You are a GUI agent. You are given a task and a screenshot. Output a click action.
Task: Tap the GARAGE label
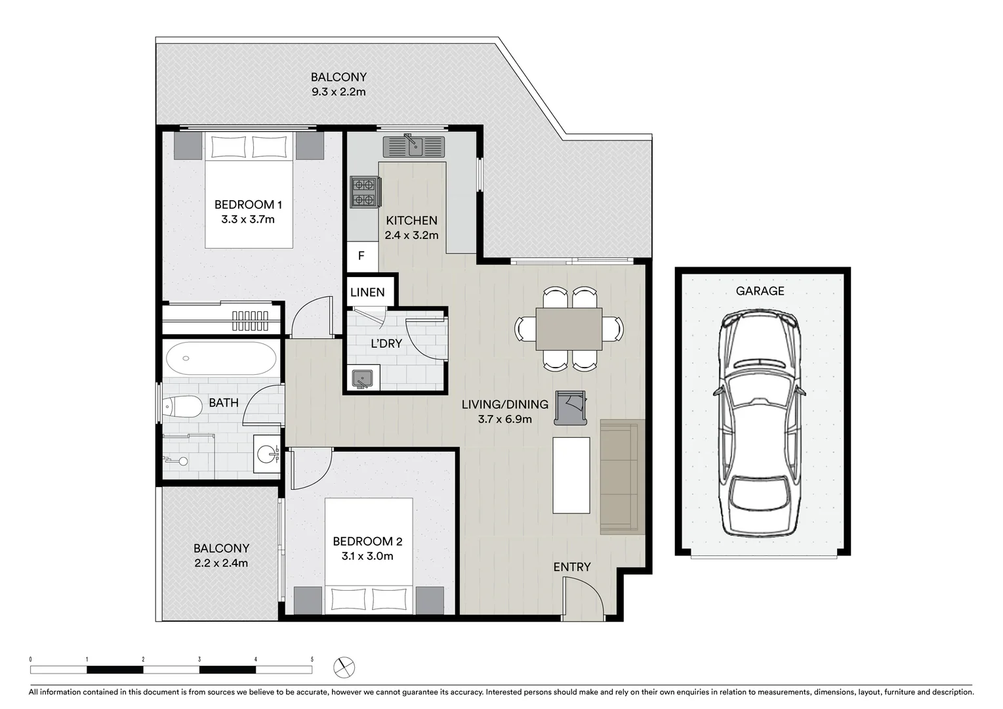tap(760, 291)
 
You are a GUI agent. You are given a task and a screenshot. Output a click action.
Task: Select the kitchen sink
tap(414, 146)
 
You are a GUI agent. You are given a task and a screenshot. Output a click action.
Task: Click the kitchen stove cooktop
tap(365, 192)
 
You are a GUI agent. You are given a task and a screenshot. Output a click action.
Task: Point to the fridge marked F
tap(361, 257)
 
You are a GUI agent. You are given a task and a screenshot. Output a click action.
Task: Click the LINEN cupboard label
tap(367, 292)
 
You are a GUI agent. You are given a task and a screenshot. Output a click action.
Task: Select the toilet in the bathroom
tap(182, 407)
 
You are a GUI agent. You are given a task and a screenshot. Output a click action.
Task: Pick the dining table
tap(569, 329)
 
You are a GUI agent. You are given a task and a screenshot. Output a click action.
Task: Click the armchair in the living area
tap(570, 407)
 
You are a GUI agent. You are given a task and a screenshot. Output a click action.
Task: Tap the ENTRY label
tap(571, 567)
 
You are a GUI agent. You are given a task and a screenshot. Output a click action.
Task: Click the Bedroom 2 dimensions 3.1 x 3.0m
tap(367, 557)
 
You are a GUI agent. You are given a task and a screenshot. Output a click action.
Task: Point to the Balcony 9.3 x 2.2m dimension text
tap(338, 92)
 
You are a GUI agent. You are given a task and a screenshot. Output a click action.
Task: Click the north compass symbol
tap(344, 668)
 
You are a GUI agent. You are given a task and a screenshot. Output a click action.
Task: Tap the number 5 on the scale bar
tap(312, 659)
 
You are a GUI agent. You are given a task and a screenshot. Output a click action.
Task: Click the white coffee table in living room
tap(571, 475)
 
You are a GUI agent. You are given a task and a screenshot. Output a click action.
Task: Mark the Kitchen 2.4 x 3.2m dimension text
tap(411, 235)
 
